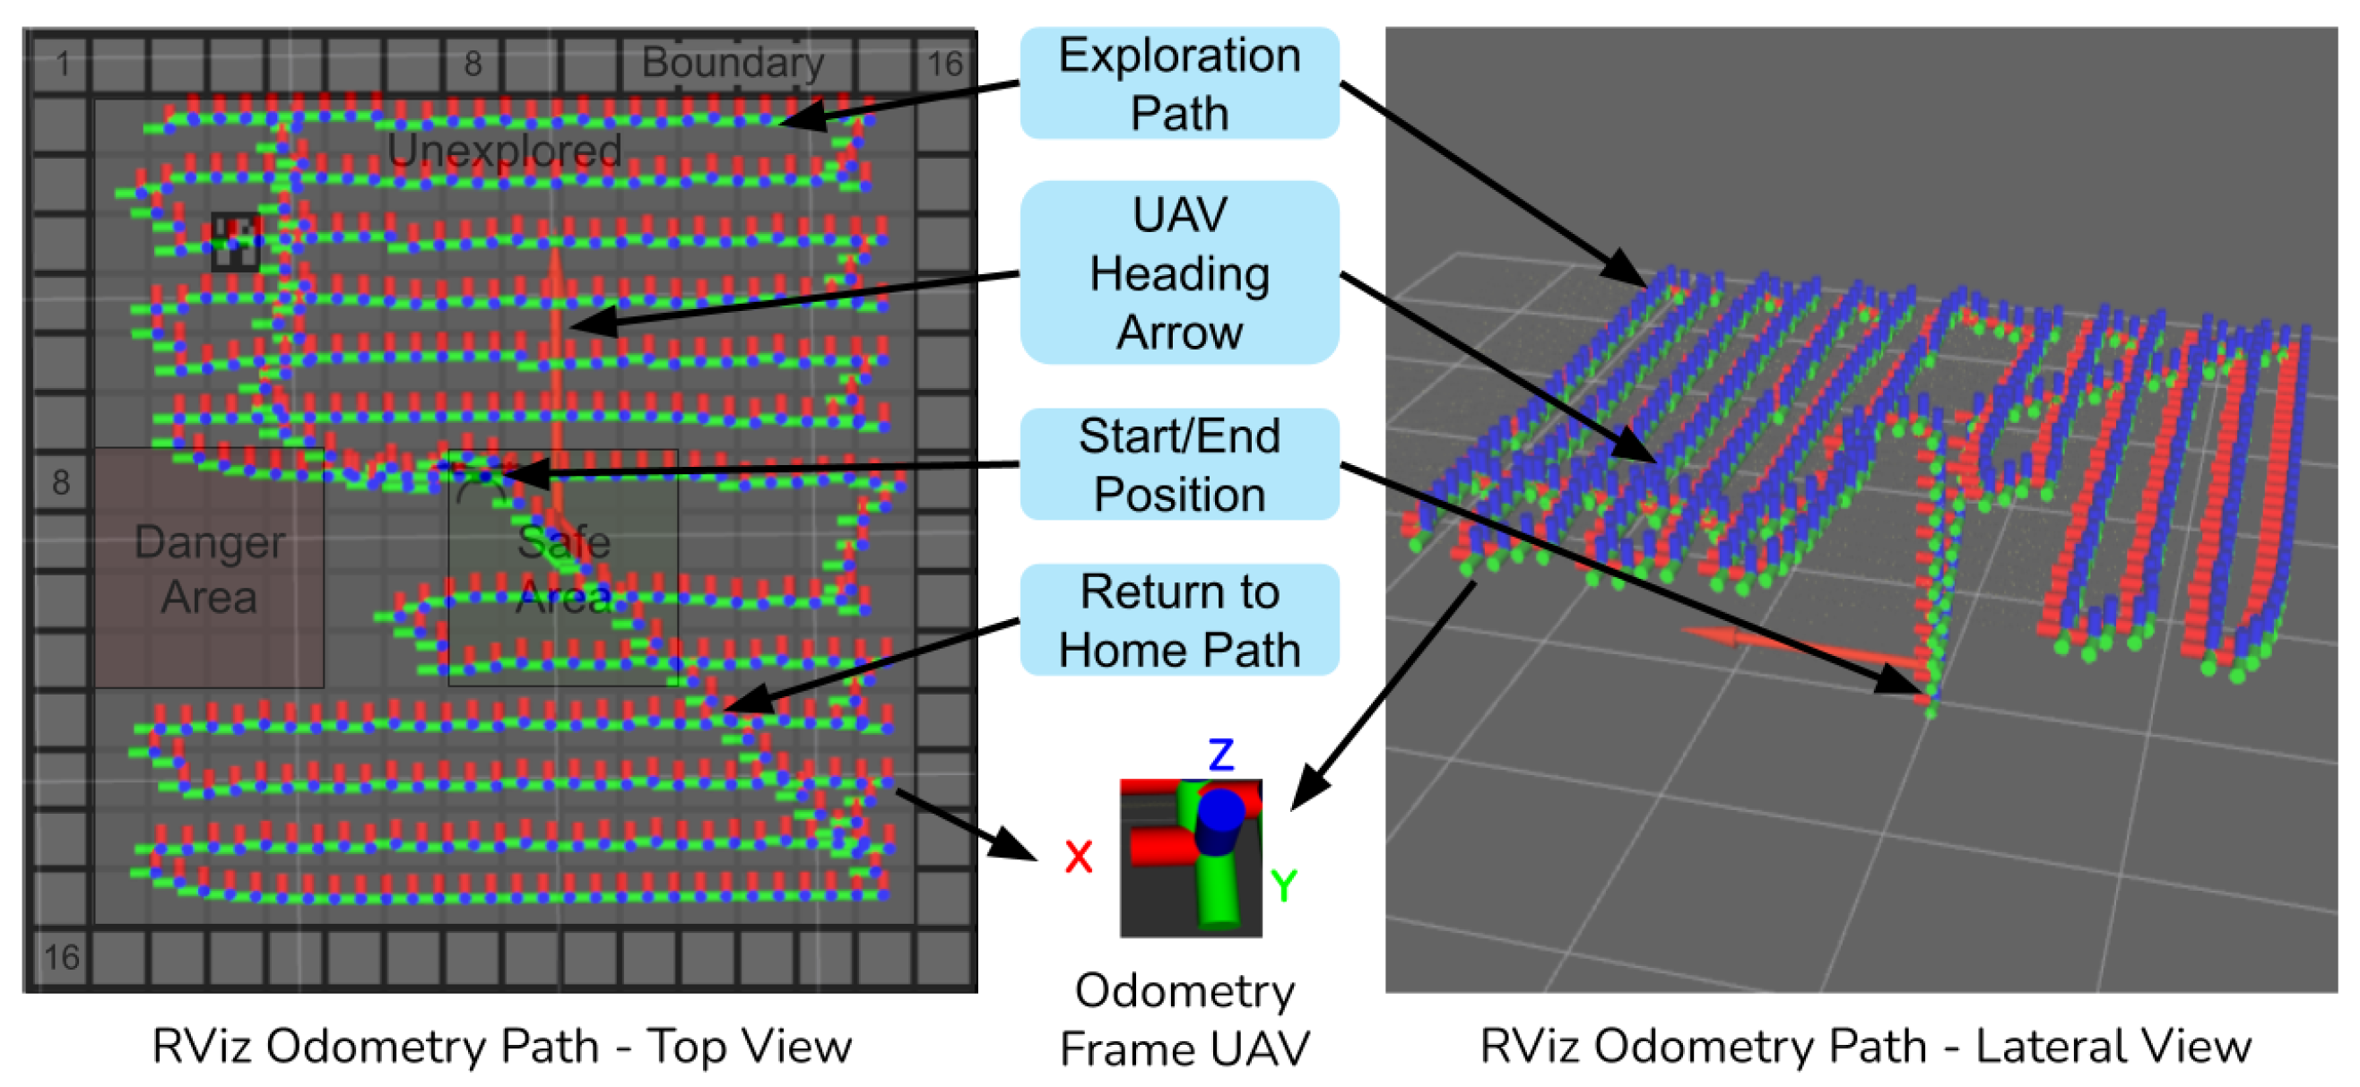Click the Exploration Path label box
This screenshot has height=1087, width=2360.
coord(1179,83)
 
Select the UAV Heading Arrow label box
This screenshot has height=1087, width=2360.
coord(1179,273)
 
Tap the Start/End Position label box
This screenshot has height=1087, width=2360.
coord(1179,464)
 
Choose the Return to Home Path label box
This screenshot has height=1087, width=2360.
coord(1179,620)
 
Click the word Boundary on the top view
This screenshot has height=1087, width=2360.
coord(732,62)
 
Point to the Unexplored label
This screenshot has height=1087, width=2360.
coord(504,151)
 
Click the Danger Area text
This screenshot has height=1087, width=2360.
coord(209,569)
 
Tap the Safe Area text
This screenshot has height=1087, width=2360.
coord(563,569)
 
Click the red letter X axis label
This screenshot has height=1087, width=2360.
coord(1079,858)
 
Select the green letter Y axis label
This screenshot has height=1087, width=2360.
coord(1283,884)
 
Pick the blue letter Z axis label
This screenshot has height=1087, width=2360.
coord(1220,755)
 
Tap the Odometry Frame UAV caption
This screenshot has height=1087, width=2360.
coord(1184,1019)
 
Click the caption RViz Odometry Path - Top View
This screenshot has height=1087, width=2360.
coord(502,1046)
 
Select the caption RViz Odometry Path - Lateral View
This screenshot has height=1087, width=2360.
coord(1865,1046)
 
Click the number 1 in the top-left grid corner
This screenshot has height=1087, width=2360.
coord(62,65)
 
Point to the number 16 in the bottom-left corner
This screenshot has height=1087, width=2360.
coord(61,957)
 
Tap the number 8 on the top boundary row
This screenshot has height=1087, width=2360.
coord(473,64)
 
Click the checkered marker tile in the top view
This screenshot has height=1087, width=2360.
coord(236,242)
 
